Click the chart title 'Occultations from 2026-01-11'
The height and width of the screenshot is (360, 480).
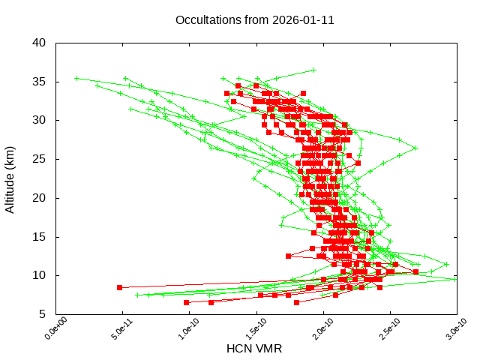pyautogui.click(x=254, y=20)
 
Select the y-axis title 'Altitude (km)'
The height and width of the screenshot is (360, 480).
pyautogui.click(x=10, y=178)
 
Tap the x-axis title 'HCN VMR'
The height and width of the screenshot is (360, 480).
pyautogui.click(x=254, y=349)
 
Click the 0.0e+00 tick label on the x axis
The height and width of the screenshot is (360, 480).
pyautogui.click(x=46, y=328)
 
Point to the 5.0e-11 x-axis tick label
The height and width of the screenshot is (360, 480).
pyautogui.click(x=113, y=328)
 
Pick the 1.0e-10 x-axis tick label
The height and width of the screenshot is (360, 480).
pyautogui.click(x=180, y=328)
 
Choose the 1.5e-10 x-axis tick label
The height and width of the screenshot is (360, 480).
pyautogui.click(x=247, y=328)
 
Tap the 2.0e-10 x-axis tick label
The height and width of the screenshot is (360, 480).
pyautogui.click(x=313, y=328)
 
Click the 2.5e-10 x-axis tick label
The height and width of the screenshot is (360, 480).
pyautogui.click(x=380, y=328)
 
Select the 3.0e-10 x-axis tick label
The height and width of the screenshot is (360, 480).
pyautogui.click(x=447, y=328)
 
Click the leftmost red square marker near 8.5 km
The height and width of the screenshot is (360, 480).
pyautogui.click(x=120, y=287)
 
